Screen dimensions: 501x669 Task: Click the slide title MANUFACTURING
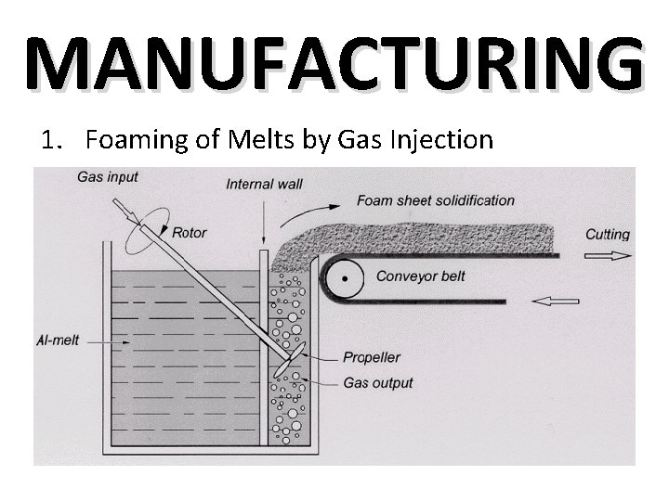334,63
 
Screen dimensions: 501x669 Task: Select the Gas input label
108,177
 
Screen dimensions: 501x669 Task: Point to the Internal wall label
264,184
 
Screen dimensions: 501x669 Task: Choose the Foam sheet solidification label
435,200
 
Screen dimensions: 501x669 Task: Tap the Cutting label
607,235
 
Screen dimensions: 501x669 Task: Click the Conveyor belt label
420,276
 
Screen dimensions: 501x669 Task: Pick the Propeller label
371,357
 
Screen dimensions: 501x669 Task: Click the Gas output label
377,382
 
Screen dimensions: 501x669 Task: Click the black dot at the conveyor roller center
346,276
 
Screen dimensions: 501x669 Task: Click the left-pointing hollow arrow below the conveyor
557,301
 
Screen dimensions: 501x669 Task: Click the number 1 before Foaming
48,140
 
